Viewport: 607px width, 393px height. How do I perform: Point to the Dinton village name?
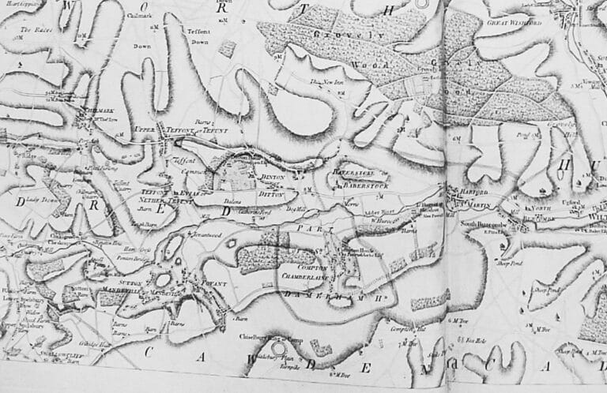pyautogui.click(x=272, y=178)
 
